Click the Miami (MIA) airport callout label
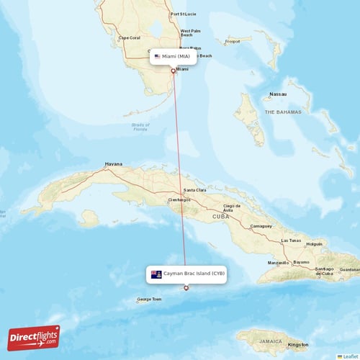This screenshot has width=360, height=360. click(x=174, y=55)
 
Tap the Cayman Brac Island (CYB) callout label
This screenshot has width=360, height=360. click(x=186, y=274)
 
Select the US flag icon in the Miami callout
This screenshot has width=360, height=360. click(x=157, y=55)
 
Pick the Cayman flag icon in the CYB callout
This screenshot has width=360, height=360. click(x=156, y=274)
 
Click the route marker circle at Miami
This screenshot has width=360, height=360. click(x=174, y=71)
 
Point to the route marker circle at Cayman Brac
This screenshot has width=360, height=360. click(x=186, y=288)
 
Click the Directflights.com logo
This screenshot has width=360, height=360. click(x=34, y=337)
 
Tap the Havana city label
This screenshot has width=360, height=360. click(x=114, y=163)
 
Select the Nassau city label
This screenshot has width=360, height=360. click(x=277, y=94)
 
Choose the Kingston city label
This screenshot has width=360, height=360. click(x=297, y=344)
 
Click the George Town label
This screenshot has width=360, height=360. click(x=149, y=300)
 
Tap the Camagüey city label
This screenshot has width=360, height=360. click(x=261, y=225)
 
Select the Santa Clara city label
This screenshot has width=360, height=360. click(x=194, y=189)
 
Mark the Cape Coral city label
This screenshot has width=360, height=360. click(x=129, y=37)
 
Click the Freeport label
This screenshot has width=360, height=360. click(x=232, y=41)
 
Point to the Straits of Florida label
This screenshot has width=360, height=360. click(x=140, y=127)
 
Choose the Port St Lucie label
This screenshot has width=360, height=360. click(x=183, y=14)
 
